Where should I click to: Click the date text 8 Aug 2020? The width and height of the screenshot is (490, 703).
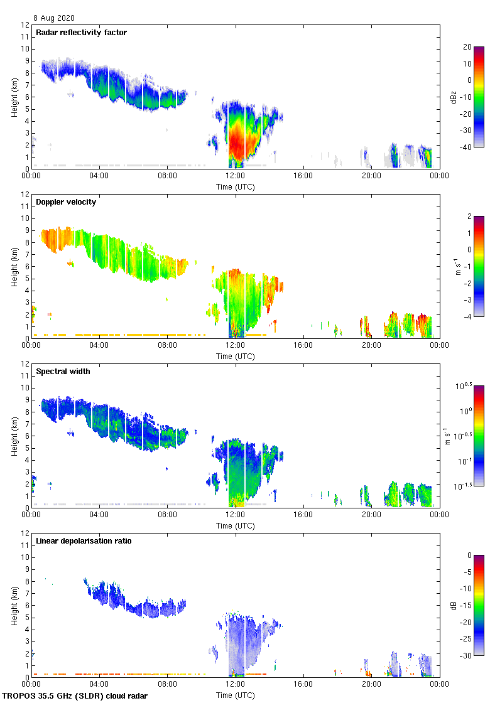click(x=55, y=18)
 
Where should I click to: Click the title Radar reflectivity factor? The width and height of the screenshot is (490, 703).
click(x=81, y=32)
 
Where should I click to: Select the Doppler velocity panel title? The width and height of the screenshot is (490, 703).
click(x=66, y=201)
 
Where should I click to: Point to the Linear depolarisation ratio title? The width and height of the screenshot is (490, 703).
click(x=84, y=540)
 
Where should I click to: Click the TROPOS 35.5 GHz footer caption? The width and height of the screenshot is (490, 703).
click(x=75, y=696)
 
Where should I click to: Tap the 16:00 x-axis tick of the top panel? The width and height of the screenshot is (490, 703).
click(x=303, y=176)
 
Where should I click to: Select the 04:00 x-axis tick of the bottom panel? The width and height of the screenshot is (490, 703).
click(x=99, y=684)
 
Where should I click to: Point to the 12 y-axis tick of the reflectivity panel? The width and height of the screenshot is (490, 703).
click(x=26, y=25)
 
